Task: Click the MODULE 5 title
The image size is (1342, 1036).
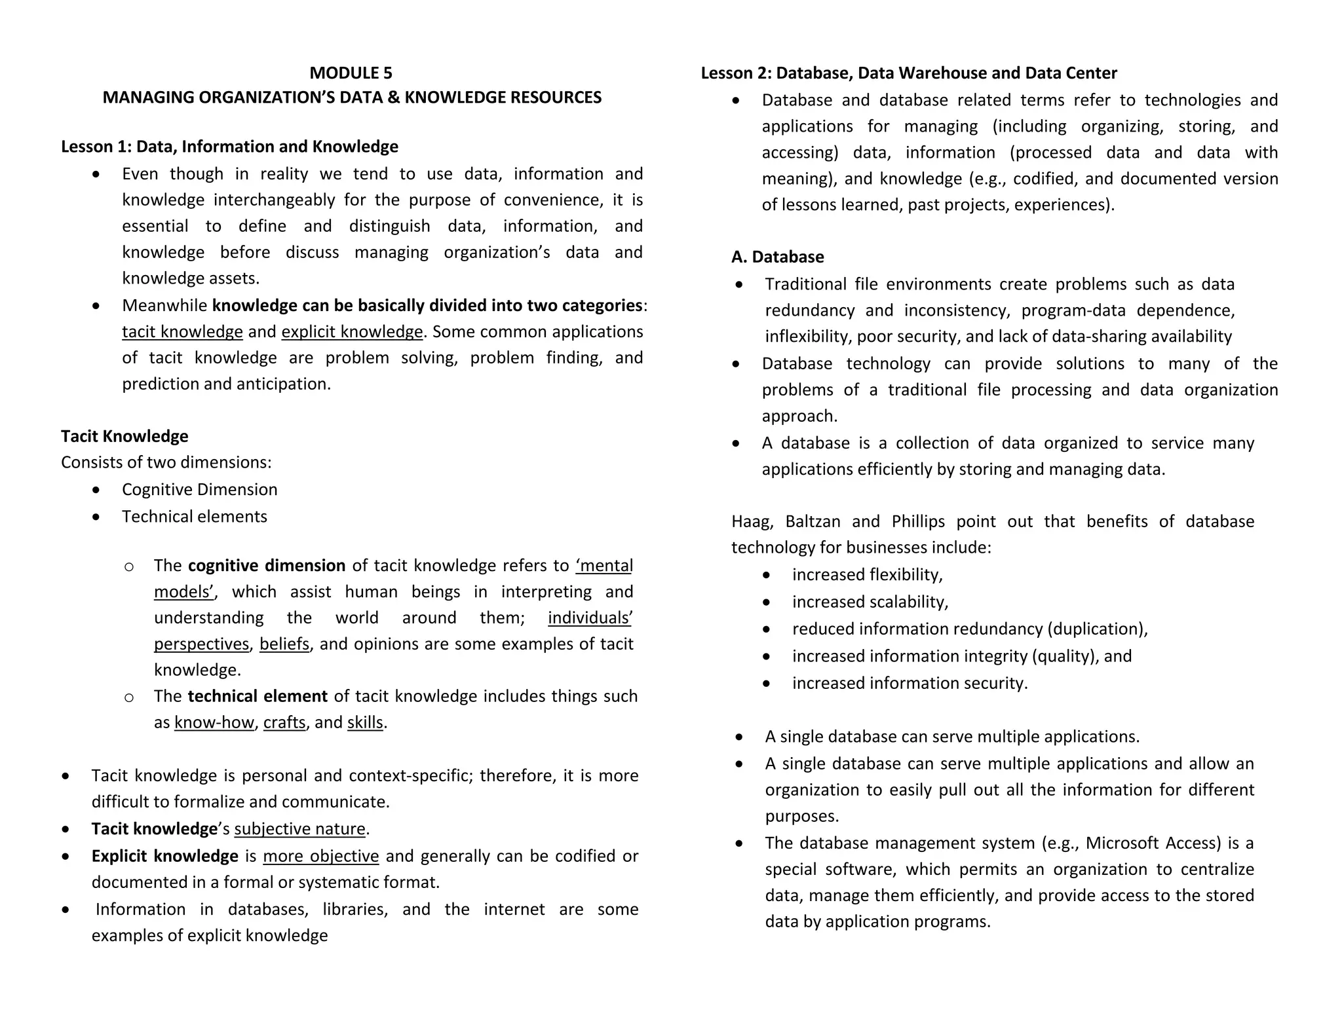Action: [x=351, y=73]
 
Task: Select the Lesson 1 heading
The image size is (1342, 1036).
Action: [x=229, y=146]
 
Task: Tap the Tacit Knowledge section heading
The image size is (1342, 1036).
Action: [x=125, y=436]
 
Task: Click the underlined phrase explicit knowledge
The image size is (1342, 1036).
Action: [x=352, y=332]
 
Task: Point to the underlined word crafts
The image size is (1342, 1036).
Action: [x=284, y=722]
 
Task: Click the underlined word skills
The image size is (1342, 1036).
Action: [x=365, y=722]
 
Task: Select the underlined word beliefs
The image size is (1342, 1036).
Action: [x=284, y=644]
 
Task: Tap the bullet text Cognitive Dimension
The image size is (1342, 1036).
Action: [x=199, y=490]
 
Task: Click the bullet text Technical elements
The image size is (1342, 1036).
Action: [x=194, y=517]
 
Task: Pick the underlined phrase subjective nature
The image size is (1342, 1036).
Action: [x=299, y=829]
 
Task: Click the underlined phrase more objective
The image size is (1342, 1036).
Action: [x=321, y=856]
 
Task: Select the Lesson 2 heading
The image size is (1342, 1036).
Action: [x=909, y=73]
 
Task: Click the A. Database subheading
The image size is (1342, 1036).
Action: [x=778, y=257]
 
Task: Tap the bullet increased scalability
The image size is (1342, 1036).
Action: [x=870, y=602]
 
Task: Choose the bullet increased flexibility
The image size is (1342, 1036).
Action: [x=867, y=575]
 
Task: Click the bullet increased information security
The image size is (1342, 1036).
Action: [x=910, y=683]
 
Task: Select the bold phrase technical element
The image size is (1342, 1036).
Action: [x=258, y=696]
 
